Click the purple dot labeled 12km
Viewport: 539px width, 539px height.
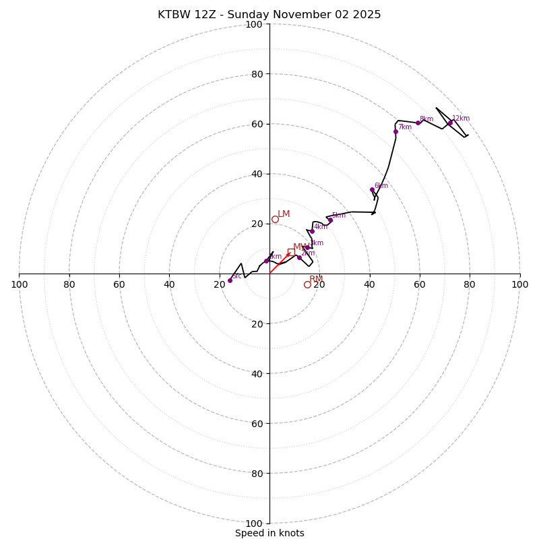click(x=450, y=123)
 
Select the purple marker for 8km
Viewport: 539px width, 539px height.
click(x=418, y=123)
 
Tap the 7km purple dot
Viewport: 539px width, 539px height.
click(x=395, y=131)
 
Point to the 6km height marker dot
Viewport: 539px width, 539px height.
click(x=372, y=190)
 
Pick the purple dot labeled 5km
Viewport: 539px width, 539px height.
click(x=330, y=220)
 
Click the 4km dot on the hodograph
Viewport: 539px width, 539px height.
click(x=312, y=231)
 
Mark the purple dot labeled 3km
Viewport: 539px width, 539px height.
click(x=307, y=247)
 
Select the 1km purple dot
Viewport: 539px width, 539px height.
click(x=266, y=261)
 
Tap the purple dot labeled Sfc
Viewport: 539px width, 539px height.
click(x=230, y=280)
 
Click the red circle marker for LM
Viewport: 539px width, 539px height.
click(x=275, y=219)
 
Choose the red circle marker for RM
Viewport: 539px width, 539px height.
click(x=307, y=284)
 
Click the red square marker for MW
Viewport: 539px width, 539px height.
click(x=291, y=252)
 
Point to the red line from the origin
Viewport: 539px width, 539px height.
click(x=278, y=265)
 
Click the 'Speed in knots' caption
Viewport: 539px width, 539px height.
click(x=269, y=533)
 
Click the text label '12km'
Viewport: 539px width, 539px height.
click(x=461, y=119)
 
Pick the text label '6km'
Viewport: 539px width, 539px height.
click(x=381, y=186)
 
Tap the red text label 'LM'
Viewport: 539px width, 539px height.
click(x=284, y=214)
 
